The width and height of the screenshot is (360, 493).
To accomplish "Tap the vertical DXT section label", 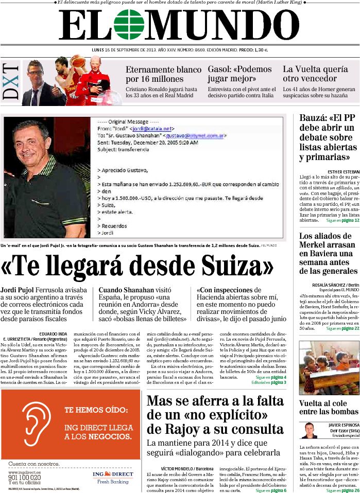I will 11,81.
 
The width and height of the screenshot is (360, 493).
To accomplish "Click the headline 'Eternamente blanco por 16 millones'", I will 163,74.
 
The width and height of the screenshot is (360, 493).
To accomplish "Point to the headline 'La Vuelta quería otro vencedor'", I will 315,74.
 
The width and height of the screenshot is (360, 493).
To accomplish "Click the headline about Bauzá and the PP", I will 328,137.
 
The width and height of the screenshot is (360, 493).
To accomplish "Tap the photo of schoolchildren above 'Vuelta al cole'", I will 329,368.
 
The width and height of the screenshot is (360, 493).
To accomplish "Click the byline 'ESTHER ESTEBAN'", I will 343,171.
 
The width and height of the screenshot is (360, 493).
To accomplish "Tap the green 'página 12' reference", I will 348,220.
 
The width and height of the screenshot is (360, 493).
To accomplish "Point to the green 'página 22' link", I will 348,328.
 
